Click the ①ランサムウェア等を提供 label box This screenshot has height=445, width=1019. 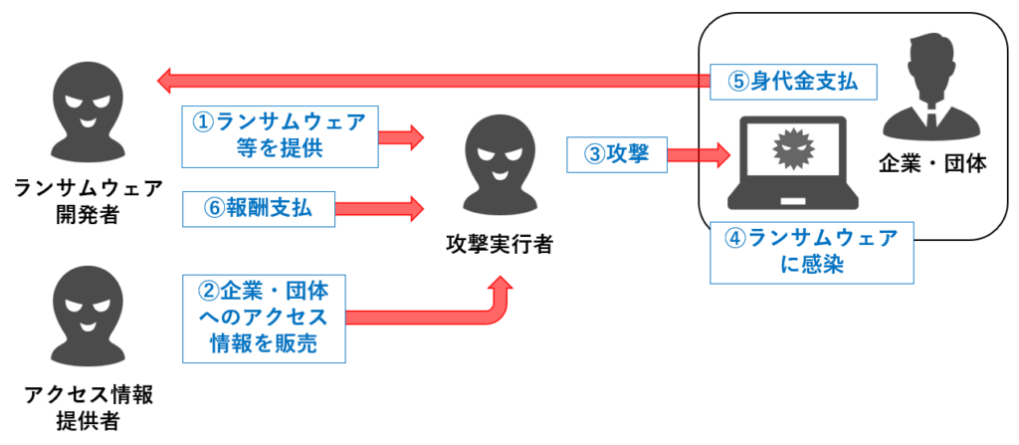click(278, 135)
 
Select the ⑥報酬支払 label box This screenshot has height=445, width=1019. click(258, 208)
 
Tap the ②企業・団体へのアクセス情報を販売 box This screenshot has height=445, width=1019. click(265, 319)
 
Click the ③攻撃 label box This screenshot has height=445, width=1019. click(615, 154)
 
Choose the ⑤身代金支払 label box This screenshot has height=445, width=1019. click(793, 82)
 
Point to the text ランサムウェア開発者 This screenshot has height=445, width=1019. click(88, 199)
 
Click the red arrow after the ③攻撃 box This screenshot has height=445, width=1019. click(698, 154)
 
